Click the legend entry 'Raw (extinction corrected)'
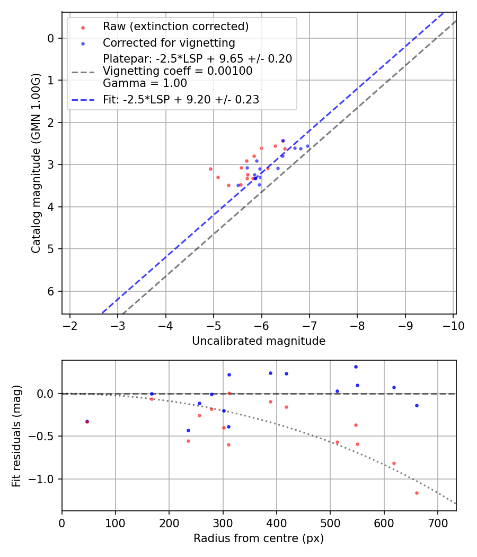point(175,27)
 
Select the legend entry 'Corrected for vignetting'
point(169,43)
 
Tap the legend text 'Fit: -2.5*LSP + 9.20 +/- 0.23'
point(181,100)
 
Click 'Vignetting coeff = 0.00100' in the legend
point(178,71)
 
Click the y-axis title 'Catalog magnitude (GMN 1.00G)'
point(36,162)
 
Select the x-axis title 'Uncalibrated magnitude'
point(259,341)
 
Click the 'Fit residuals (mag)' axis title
point(16,436)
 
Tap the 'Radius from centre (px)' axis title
point(259,538)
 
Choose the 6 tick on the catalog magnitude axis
point(50,291)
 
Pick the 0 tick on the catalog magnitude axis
point(50,38)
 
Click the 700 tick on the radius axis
point(437,522)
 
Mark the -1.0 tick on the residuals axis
point(45,479)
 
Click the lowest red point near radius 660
point(417,493)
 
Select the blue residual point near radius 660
point(417,405)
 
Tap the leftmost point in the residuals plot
point(87,422)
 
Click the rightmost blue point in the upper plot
point(307,146)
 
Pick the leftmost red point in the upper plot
point(210,169)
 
